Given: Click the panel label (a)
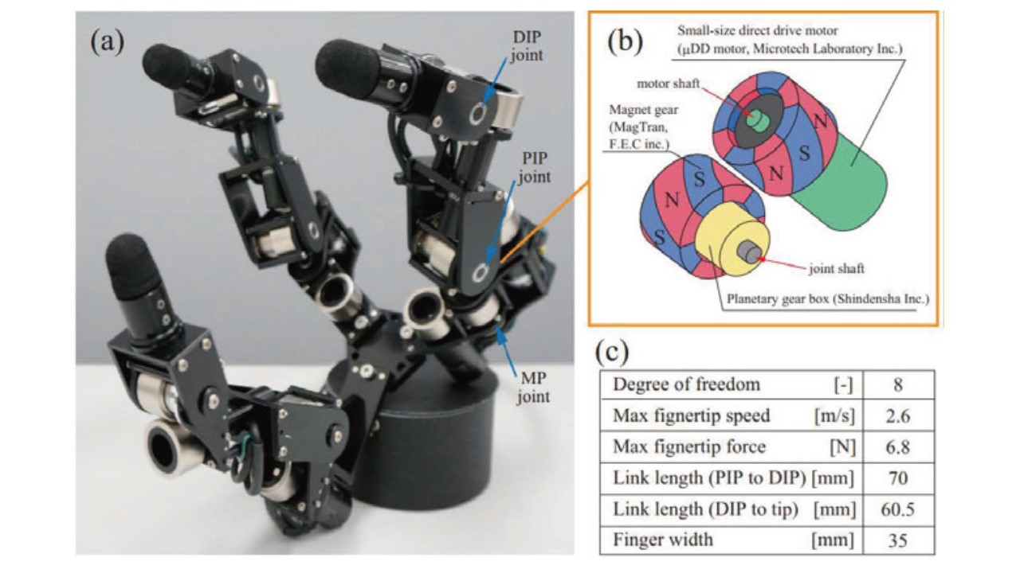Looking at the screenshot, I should (x=107, y=41).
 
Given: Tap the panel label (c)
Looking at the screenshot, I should (x=614, y=349).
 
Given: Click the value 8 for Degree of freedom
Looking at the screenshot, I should (x=896, y=385).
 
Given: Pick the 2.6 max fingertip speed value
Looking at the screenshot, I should (x=896, y=416).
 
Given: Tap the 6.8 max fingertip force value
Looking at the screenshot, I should (x=896, y=447).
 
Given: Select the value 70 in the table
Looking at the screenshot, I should (x=896, y=478).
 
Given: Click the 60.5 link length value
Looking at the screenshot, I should (x=896, y=509).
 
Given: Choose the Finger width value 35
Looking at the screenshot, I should (x=896, y=540).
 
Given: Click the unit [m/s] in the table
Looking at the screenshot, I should (x=831, y=416).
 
